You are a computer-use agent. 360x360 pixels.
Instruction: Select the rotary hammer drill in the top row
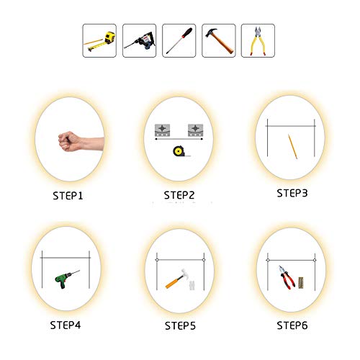140,41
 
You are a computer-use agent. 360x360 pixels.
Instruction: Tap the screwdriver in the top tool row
179,40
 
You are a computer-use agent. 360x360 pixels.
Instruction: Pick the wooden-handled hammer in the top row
219,40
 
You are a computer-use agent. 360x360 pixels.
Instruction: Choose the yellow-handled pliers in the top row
258,40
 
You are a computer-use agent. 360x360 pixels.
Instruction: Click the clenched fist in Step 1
70,142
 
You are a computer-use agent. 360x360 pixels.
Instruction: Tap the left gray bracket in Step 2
163,130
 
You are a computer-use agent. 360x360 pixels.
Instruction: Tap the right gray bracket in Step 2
196,130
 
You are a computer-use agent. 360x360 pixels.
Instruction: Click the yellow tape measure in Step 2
179,151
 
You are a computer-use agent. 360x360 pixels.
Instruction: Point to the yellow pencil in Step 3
292,147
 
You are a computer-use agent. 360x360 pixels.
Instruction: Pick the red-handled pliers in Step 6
287,277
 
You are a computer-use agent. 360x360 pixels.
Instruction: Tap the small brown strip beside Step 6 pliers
301,283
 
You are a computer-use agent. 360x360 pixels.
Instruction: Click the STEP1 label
68,196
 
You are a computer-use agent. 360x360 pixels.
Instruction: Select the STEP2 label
179,195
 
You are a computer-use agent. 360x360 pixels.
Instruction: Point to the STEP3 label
292,193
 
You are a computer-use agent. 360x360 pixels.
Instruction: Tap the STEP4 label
66,325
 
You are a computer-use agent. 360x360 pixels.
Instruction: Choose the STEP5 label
180,325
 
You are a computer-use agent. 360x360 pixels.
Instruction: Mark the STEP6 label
292,325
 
